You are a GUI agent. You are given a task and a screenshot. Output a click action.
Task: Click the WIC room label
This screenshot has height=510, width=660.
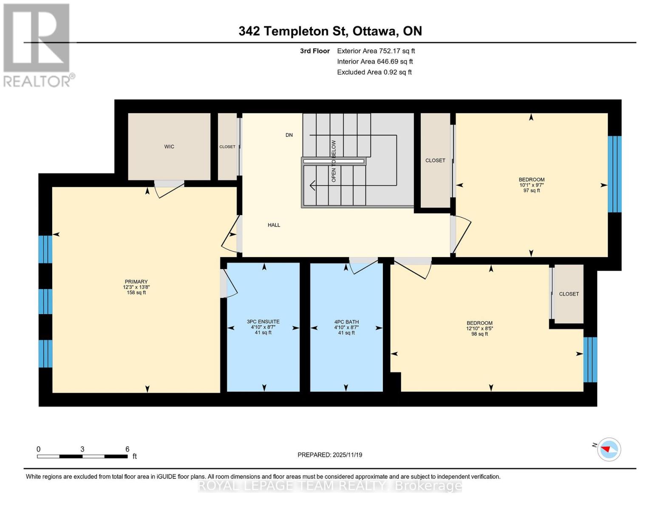click(169, 147)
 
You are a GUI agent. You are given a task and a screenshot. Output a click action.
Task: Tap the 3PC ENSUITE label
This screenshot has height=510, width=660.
click(263, 322)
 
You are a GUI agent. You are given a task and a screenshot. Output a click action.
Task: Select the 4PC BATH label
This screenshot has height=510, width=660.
click(346, 322)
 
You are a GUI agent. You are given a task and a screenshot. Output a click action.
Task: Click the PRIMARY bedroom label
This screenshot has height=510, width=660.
click(136, 282)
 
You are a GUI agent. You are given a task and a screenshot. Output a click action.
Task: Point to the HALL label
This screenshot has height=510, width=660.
click(274, 225)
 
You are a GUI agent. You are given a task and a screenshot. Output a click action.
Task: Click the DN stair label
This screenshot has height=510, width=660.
click(289, 135)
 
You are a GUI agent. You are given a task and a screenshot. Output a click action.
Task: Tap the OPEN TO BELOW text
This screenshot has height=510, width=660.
click(334, 161)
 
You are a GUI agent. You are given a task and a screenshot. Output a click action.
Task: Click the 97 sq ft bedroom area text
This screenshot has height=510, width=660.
click(531, 190)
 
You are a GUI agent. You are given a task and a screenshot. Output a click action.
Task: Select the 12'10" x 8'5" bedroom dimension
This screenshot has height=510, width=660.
click(479, 329)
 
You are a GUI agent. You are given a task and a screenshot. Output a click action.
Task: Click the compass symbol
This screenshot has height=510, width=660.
click(609, 449)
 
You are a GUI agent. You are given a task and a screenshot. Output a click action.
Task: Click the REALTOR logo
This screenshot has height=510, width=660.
click(37, 45)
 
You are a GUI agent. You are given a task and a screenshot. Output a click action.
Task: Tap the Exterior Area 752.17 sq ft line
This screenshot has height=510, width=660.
click(376, 51)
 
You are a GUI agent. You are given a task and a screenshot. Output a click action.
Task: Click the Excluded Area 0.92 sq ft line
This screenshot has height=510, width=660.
click(374, 72)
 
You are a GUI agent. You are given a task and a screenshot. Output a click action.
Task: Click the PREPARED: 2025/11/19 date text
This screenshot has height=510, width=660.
click(330, 455)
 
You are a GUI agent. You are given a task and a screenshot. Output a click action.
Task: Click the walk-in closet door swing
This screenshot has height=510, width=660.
click(169, 188)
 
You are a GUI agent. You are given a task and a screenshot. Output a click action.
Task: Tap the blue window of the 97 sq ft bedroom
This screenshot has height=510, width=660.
click(614, 174)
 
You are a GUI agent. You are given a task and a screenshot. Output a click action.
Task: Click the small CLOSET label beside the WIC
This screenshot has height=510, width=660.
click(227, 147)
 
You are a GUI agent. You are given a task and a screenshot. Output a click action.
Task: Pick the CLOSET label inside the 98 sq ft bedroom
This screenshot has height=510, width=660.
click(569, 294)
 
